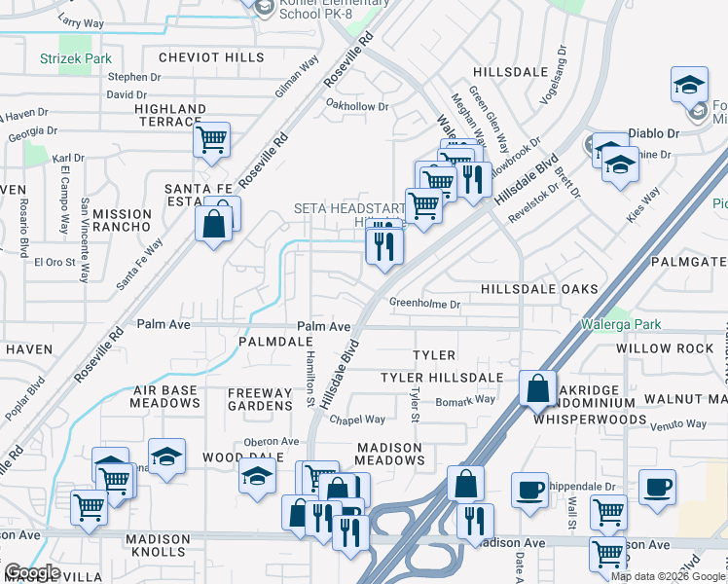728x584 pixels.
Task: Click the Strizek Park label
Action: [76, 59]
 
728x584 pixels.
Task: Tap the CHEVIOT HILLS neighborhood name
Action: [211, 58]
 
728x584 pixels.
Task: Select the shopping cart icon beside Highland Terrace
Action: [211, 140]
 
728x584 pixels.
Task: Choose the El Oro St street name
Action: [55, 262]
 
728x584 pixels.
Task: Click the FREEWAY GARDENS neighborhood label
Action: [259, 400]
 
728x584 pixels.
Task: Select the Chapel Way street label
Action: [356, 420]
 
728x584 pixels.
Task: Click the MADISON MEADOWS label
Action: [389, 454]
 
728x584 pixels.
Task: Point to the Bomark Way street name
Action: [465, 400]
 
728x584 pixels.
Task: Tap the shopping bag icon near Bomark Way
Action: [537, 389]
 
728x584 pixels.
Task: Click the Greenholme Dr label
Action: [424, 304]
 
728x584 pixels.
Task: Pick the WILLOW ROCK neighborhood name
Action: [665, 348]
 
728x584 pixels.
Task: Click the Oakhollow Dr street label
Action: [357, 105]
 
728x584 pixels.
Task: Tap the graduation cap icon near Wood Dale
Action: [257, 477]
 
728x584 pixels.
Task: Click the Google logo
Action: [32, 572]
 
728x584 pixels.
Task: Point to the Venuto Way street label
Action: [678, 425]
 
